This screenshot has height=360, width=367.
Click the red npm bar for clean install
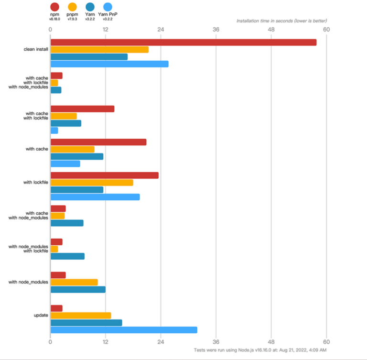[183, 42]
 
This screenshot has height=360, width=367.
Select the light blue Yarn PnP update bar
[124, 330]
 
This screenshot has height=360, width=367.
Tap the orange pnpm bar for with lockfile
[92, 182]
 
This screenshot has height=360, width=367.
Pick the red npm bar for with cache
[98, 142]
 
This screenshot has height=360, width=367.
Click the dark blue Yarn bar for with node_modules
[78, 289]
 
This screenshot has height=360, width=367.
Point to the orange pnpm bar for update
[81, 316]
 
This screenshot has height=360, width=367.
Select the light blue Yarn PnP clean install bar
[109, 64]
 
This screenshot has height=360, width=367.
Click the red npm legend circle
[54, 7]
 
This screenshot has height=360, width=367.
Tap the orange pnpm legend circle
[72, 7]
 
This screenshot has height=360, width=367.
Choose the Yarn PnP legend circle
[108, 7]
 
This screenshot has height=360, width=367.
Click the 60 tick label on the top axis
[326, 30]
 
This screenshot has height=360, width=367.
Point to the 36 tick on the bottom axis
[216, 342]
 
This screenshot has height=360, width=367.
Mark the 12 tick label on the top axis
[106, 30]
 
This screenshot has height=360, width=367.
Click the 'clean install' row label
[36, 49]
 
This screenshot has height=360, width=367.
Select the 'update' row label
[41, 315]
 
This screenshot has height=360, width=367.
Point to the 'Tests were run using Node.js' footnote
[260, 350]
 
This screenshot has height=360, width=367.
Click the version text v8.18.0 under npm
[54, 19]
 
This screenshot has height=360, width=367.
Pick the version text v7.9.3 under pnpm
[72, 19]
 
